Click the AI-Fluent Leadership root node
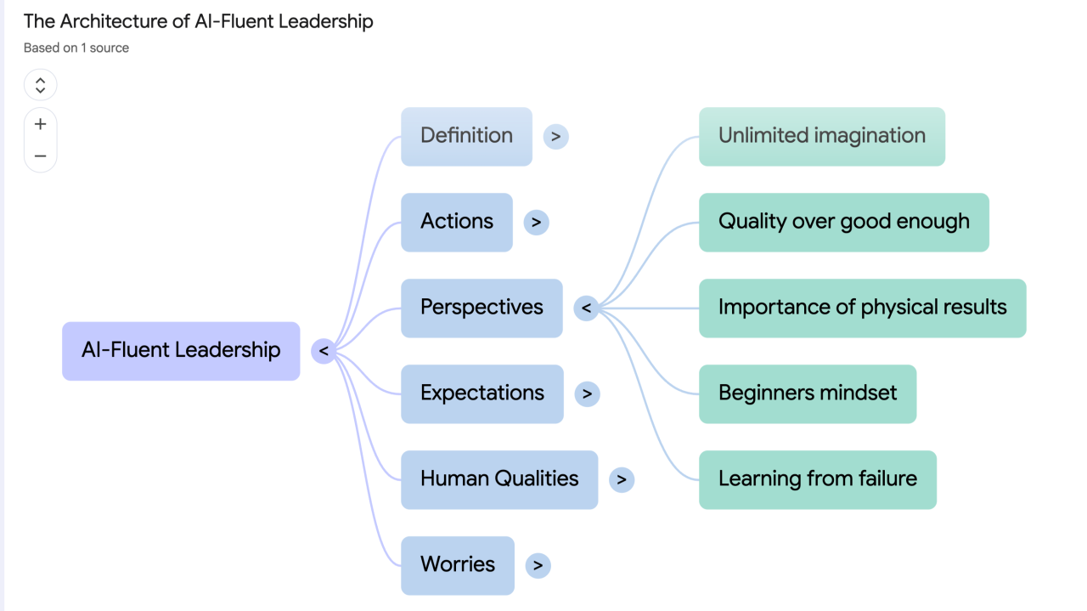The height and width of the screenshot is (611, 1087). pyautogui.click(x=181, y=350)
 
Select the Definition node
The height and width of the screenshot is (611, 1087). pyautogui.click(x=466, y=136)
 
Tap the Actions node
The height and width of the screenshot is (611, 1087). pyautogui.click(x=457, y=222)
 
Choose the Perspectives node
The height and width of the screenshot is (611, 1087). pyautogui.click(x=482, y=308)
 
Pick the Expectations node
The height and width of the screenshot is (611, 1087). pyautogui.click(x=482, y=393)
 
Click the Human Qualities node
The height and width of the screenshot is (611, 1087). pyautogui.click(x=499, y=479)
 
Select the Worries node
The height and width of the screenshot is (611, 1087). pyautogui.click(x=458, y=565)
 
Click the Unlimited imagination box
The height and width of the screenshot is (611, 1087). pyautogui.click(x=821, y=136)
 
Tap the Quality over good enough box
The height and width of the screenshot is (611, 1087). pyautogui.click(x=843, y=222)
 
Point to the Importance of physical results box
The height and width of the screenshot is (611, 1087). pyautogui.click(x=862, y=308)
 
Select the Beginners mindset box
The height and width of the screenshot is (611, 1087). pyautogui.click(x=808, y=393)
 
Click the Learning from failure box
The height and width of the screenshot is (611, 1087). pyautogui.click(x=817, y=479)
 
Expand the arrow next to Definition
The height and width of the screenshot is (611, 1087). pyautogui.click(x=555, y=136)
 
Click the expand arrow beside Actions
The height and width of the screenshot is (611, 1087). pyautogui.click(x=536, y=222)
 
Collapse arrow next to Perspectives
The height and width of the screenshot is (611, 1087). pyautogui.click(x=586, y=308)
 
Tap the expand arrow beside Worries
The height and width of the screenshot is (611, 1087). pyautogui.click(x=538, y=565)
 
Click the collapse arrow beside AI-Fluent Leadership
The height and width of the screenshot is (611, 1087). pyautogui.click(x=324, y=350)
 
